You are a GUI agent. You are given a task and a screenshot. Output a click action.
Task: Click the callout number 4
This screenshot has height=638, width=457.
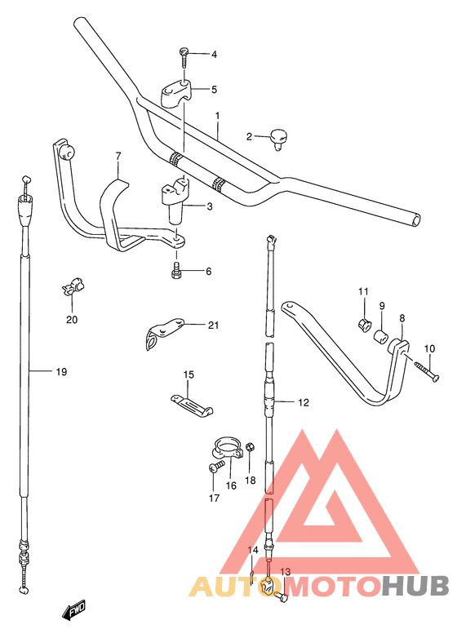(214, 55)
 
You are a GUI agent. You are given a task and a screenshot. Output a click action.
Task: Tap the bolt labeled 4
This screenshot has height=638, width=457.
(185, 57)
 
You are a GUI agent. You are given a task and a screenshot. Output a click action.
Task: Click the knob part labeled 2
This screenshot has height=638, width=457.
(282, 139)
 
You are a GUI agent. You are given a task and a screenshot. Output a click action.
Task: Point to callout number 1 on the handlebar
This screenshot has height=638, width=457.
(218, 116)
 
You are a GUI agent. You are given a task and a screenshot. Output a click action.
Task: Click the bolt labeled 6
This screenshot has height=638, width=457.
(176, 272)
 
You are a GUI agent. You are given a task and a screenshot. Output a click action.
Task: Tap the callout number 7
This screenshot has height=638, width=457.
(118, 155)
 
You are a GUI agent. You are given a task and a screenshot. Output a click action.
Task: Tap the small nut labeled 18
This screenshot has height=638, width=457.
(251, 447)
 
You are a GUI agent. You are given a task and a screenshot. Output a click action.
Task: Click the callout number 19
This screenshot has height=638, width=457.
(60, 372)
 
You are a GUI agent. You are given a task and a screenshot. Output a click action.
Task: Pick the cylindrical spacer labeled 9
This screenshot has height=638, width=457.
(380, 337)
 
